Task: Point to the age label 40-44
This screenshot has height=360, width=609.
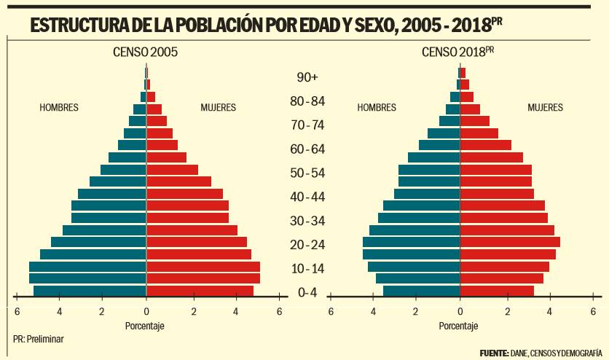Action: tap(307, 197)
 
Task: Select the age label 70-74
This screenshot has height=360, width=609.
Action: tap(307, 125)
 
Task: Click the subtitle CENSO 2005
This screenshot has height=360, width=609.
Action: tap(145, 52)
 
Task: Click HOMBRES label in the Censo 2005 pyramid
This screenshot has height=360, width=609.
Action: tap(59, 108)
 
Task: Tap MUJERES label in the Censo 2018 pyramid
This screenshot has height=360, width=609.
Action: tap(545, 108)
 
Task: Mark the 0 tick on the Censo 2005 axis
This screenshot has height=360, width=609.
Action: tap(146, 311)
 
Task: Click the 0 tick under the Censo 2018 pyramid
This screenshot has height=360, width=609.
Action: tap(460, 311)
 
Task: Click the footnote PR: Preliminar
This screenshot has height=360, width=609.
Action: tap(37, 339)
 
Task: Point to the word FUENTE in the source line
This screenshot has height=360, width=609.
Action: tap(494, 353)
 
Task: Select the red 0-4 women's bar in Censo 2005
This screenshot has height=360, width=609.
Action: tap(200, 291)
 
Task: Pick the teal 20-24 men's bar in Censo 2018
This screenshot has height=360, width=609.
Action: tap(411, 243)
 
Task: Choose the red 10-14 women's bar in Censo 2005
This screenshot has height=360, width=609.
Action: tap(203, 267)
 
